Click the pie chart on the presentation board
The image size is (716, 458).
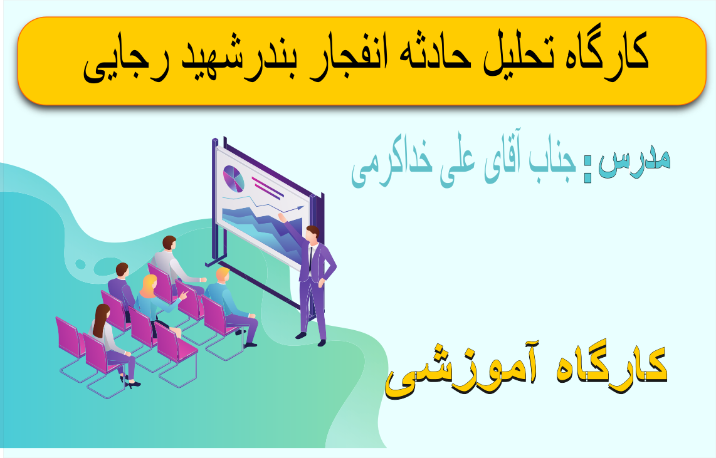click(x=233, y=179)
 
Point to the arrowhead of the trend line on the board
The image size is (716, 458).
click(x=300, y=207)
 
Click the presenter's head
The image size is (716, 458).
click(x=313, y=232)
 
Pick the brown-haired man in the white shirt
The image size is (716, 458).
click(x=176, y=264)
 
